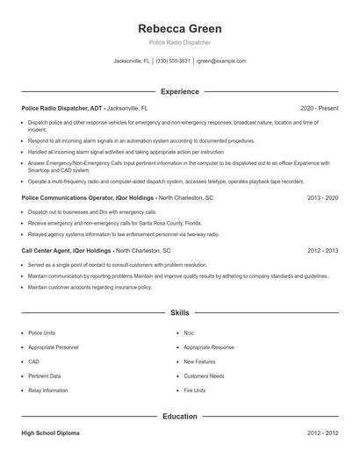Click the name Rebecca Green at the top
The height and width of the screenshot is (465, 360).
click(180, 28)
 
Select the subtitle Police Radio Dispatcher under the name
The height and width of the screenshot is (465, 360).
click(180, 42)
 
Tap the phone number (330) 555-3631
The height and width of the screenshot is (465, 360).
click(173, 61)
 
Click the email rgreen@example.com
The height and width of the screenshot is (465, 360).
click(221, 61)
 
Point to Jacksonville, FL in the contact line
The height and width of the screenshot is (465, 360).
click(132, 61)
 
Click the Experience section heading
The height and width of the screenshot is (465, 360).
click(180, 91)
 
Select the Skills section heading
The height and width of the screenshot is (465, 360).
click(180, 312)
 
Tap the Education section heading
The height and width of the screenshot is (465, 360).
click(180, 417)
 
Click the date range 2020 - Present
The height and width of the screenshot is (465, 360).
click(319, 108)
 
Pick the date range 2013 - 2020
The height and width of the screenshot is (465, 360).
click(322, 198)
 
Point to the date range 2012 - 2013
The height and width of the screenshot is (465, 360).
click(322, 250)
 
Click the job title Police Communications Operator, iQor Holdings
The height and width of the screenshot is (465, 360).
click(88, 198)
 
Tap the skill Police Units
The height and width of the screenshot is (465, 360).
click(41, 333)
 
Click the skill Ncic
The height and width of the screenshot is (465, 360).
click(189, 333)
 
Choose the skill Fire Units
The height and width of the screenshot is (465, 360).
click(194, 390)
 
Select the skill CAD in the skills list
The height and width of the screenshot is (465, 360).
click(33, 361)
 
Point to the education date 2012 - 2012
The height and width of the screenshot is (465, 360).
click(322, 433)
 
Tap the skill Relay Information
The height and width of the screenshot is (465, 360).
click(47, 390)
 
